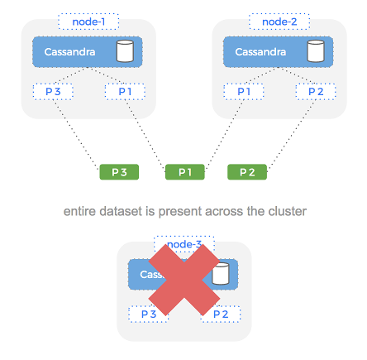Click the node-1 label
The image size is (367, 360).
point(89,20)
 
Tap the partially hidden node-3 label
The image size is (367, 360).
point(184,244)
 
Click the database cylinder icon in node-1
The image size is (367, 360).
point(124,52)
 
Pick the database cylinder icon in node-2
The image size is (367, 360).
point(315,52)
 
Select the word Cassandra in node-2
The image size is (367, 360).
point(261,52)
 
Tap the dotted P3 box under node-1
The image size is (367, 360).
point(54,91)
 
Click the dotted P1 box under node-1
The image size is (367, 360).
point(125,91)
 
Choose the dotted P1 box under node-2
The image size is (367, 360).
point(245,91)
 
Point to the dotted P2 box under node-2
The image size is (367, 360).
point(316,91)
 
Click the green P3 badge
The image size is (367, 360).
point(119,172)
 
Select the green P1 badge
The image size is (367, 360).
point(184,172)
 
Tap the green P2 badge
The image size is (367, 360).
point(247,172)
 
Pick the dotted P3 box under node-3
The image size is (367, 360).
point(149,314)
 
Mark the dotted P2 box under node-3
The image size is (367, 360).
point(220,314)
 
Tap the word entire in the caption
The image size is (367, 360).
point(79,212)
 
